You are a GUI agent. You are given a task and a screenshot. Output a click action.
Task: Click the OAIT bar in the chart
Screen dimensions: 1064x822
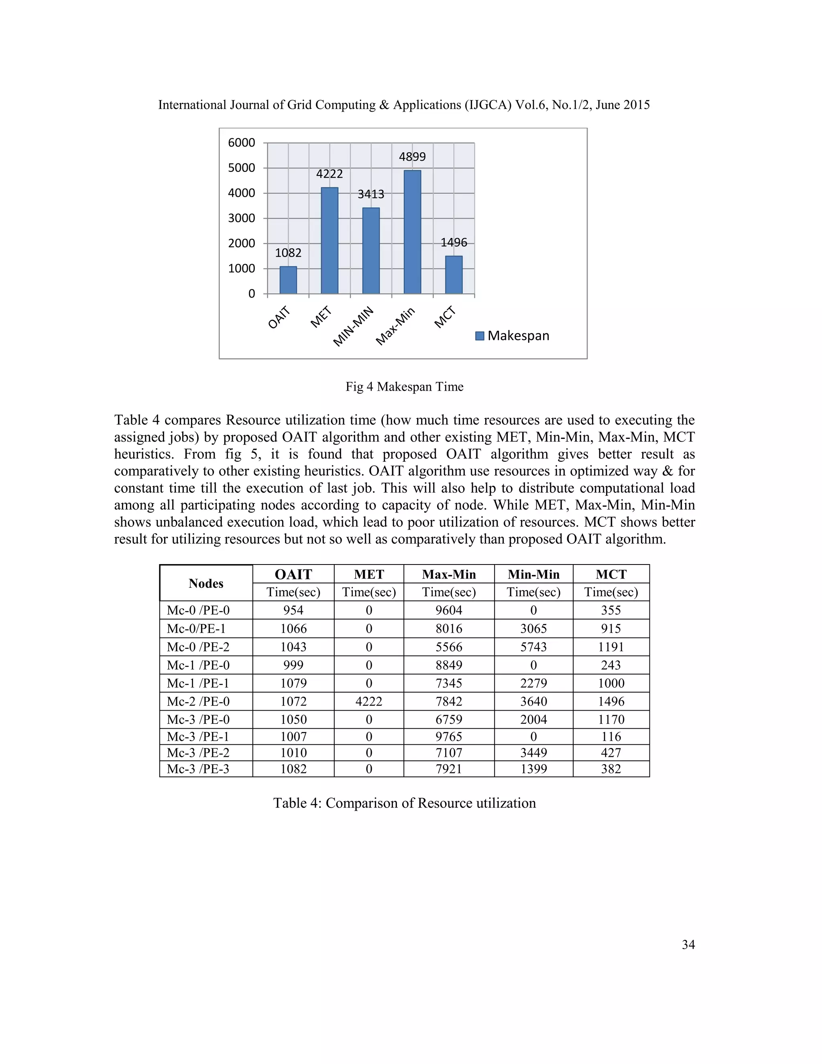(288, 280)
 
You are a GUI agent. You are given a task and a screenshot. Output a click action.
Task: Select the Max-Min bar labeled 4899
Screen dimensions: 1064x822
(413, 232)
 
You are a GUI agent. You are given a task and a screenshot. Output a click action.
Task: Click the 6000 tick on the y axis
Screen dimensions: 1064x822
(242, 143)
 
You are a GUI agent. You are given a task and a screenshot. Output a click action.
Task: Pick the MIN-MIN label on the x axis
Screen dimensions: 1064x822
(354, 326)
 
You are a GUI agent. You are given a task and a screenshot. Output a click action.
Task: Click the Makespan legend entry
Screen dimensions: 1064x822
(512, 336)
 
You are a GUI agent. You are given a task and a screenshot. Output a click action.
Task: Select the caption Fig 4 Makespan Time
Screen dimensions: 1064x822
(404, 387)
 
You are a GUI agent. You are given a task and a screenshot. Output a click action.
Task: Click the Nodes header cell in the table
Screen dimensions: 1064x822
(206, 583)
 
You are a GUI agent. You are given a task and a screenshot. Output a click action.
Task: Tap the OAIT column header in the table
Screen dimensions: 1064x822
(293, 575)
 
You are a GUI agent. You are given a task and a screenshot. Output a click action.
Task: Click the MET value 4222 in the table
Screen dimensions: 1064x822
(368, 701)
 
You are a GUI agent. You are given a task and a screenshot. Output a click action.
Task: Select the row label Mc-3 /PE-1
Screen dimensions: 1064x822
(198, 737)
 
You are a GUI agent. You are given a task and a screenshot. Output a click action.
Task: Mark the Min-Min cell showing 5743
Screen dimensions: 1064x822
(533, 647)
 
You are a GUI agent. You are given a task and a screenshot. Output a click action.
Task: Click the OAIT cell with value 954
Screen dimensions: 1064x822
(293, 610)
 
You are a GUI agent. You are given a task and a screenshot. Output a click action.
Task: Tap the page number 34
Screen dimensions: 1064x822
(688, 945)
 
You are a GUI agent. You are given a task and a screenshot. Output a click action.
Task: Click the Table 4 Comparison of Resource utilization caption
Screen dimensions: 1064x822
(404, 803)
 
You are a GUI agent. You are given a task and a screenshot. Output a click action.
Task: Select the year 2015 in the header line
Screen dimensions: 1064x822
(636, 105)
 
